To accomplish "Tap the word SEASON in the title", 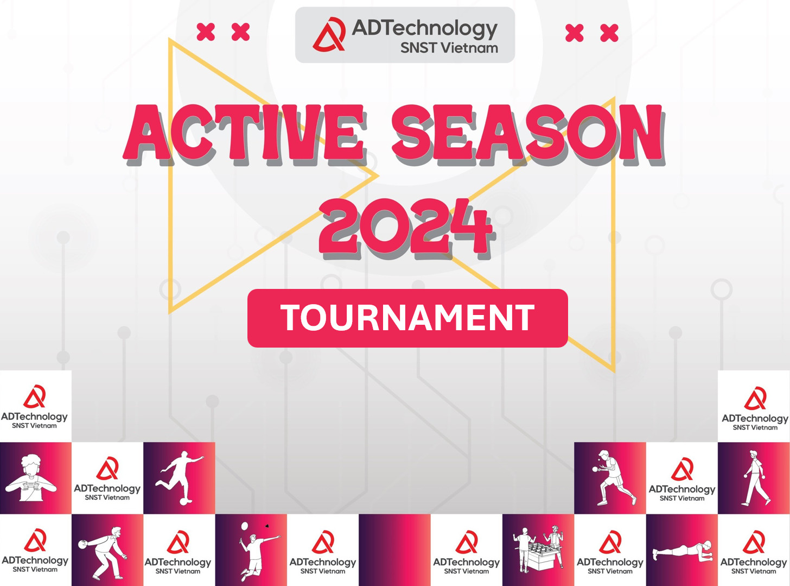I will tap(527, 134).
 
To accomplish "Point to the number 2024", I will tap(405, 226).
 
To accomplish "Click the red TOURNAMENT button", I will tap(407, 318).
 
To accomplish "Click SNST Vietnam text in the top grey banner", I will tap(449, 48).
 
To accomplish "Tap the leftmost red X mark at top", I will tap(206, 32).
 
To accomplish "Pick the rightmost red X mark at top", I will tap(609, 33).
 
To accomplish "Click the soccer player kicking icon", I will tap(179, 476).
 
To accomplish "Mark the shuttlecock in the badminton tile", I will tap(267, 526).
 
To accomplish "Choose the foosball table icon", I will tap(538, 549).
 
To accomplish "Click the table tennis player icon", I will tap(612, 477).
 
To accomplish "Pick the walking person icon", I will tap(755, 477).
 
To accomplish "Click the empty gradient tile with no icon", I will tap(394, 550).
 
